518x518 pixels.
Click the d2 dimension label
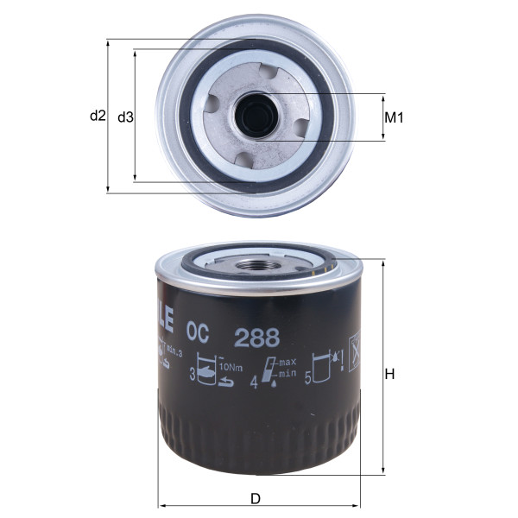(x=97, y=116)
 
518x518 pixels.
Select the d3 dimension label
(x=125, y=116)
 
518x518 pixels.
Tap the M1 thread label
(x=394, y=117)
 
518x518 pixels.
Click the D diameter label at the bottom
(x=255, y=498)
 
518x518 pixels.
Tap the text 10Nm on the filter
(x=231, y=364)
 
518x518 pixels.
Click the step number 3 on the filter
(x=192, y=375)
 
